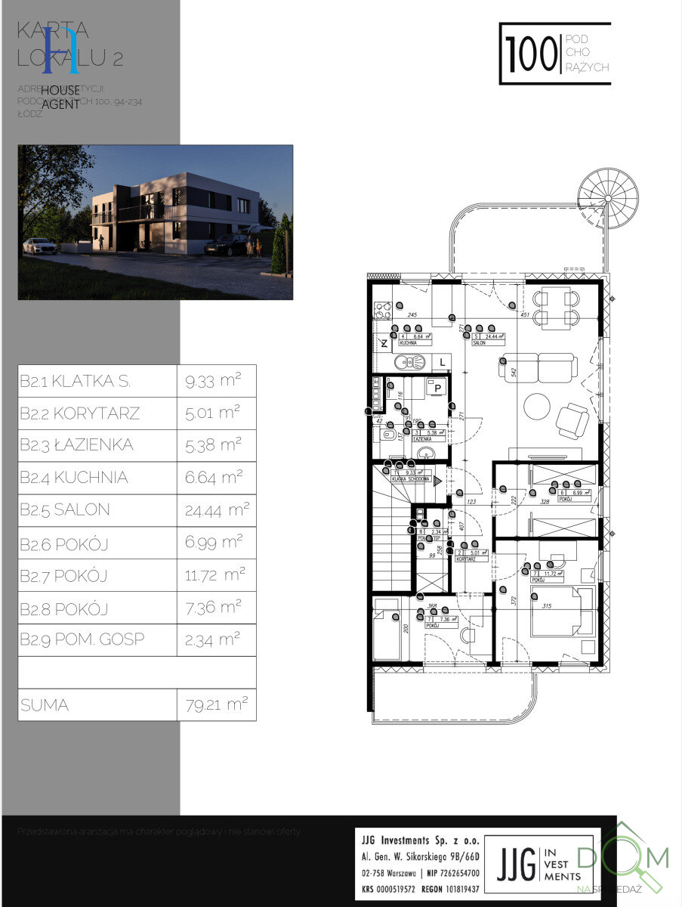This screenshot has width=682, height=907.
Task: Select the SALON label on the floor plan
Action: (478, 342)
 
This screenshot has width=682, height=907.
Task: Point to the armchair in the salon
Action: (572, 420)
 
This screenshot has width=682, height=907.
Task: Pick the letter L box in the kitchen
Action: (441, 363)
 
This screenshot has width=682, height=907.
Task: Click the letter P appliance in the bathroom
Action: (436, 388)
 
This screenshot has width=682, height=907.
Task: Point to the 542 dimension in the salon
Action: (513, 372)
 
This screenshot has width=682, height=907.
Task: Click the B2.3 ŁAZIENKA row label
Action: (77, 445)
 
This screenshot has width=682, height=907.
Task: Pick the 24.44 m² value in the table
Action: (215, 510)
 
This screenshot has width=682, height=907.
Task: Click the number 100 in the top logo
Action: (530, 54)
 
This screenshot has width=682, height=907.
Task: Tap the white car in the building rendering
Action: (40, 246)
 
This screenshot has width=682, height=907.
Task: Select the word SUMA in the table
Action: (45, 705)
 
